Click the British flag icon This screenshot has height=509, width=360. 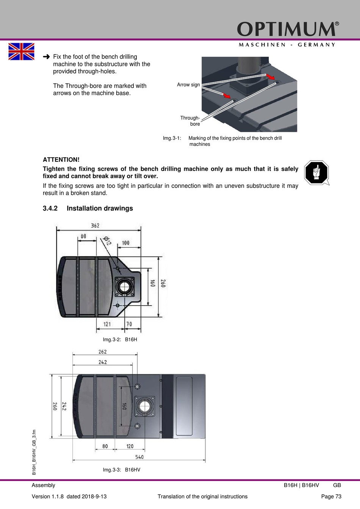pos(21,52)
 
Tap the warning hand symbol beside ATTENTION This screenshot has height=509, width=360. pos(316,173)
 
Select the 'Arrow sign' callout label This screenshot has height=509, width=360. pos(188,85)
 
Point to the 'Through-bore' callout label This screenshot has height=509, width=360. pos(190,121)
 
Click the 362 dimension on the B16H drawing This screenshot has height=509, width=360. pos(95,226)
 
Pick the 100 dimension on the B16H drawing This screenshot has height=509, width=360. pos(125,243)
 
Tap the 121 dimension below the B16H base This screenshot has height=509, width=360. pos(107,324)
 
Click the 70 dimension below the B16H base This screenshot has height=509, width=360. pos(129,324)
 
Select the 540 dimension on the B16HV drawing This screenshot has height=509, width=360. pos(139,457)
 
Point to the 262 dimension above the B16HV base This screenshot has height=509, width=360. pos(103,352)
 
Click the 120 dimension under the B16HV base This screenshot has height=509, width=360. pos(130,446)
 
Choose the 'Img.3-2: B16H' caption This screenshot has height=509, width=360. pos(120,339)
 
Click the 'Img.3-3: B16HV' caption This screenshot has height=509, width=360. pos(121,470)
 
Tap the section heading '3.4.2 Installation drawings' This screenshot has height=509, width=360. pos(88,208)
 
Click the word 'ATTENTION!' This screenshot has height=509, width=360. pos(61,160)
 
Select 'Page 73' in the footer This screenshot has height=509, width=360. pos(331,497)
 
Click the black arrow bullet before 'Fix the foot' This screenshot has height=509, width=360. pos(46,57)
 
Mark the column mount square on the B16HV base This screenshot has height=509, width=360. pos(145,406)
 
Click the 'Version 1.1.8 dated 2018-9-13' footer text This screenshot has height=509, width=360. pos(69,497)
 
